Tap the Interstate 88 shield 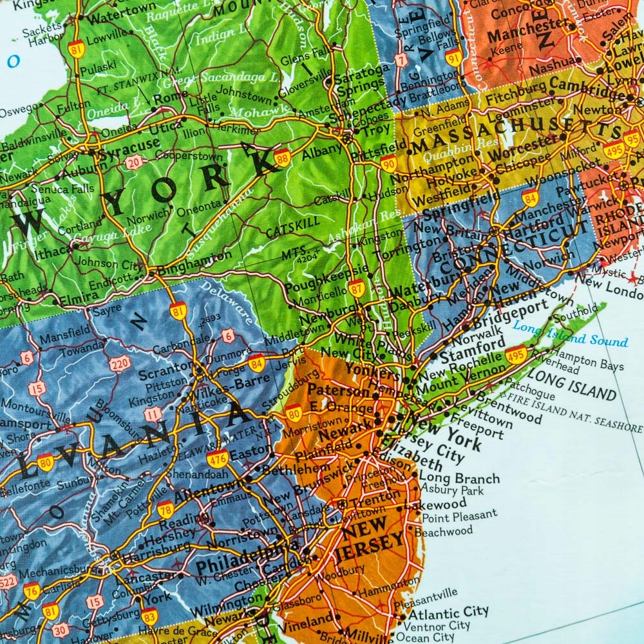tap(282, 158)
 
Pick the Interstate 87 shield tap(357, 288)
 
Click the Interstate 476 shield tap(218, 459)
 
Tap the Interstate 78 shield tap(166, 508)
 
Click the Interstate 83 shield tap(149, 617)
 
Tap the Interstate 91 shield tap(453, 57)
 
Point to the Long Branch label tap(459, 478)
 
